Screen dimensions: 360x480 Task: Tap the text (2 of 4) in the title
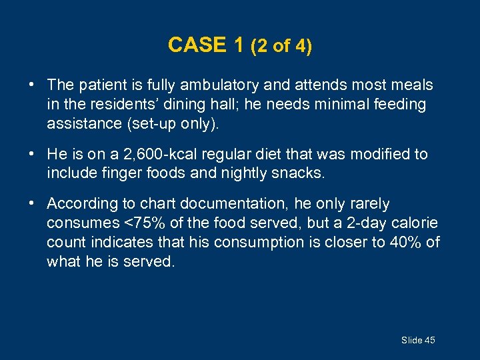[x=281, y=46]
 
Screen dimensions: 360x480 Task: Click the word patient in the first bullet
[x=100, y=85]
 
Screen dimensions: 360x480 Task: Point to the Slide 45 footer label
[x=418, y=340]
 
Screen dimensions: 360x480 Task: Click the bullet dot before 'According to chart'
[x=32, y=203]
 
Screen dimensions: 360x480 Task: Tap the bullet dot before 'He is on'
[x=32, y=154]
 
